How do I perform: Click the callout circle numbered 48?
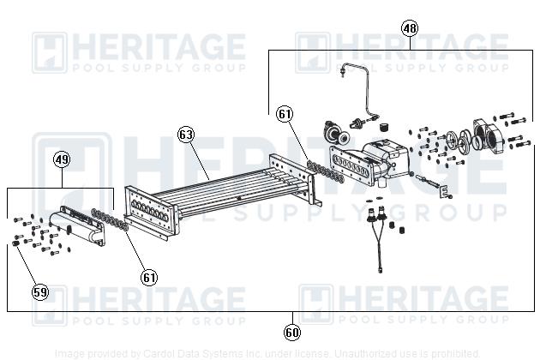click(410, 28)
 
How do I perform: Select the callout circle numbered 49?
click(62, 159)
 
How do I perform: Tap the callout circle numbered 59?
click(40, 292)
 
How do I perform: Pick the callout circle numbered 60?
click(292, 331)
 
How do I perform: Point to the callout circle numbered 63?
click(186, 135)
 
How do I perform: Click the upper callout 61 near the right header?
click(285, 113)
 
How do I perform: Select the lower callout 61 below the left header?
click(150, 277)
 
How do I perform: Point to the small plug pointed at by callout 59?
click(17, 246)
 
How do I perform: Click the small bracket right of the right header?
click(444, 192)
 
